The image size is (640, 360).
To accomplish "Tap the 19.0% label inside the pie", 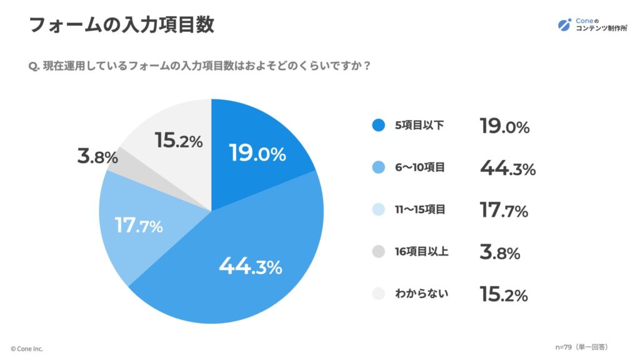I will pyautogui.click(x=257, y=153).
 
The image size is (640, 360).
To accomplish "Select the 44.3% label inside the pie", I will pyautogui.click(x=250, y=267).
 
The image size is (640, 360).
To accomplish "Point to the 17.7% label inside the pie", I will pyautogui.click(x=139, y=225).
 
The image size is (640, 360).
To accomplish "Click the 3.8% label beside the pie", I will pyautogui.click(x=97, y=156).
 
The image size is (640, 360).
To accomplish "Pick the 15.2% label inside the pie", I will pyautogui.click(x=179, y=141).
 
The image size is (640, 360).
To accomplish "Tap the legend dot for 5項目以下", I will pyautogui.click(x=378, y=126).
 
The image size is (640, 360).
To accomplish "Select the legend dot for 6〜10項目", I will pyautogui.click(x=378, y=167).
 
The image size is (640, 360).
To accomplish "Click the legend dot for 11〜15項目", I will pyautogui.click(x=378, y=210).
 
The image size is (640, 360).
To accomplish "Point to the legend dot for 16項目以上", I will pyautogui.click(x=378, y=252).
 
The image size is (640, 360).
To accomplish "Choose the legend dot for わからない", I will pyautogui.click(x=378, y=294).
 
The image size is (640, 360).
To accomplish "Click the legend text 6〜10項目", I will pyautogui.click(x=419, y=167).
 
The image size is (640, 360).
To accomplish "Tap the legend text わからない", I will pyautogui.click(x=421, y=294).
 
